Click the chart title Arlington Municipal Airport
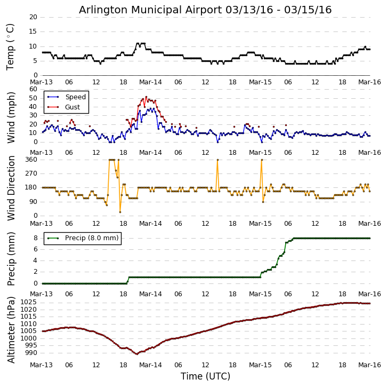pyautogui.click(x=205, y=10)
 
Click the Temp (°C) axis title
pyautogui.click(x=11, y=46)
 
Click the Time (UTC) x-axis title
pyautogui.click(x=205, y=376)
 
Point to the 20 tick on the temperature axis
pyautogui.click(x=33, y=17)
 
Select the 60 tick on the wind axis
pyautogui.click(x=33, y=89)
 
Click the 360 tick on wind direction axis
pyautogui.click(x=31, y=160)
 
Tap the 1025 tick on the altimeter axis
pyautogui.click(x=29, y=302)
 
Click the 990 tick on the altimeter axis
pyautogui.click(x=31, y=352)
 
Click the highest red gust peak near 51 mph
pyautogui.click(x=146, y=97)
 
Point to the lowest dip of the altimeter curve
pyautogui.click(x=137, y=354)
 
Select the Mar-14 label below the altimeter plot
pyautogui.click(x=151, y=366)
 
